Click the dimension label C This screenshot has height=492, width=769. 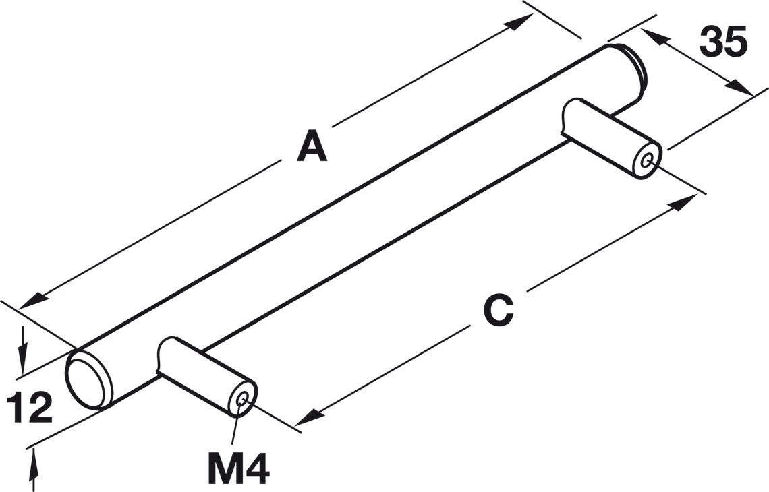click(x=499, y=311)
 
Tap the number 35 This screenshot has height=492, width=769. click(x=723, y=42)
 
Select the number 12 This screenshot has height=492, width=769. click(x=29, y=408)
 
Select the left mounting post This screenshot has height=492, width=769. click(x=202, y=374)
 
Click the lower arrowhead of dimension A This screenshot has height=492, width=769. click(x=30, y=303)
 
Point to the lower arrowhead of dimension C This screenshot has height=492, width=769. click(x=306, y=419)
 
